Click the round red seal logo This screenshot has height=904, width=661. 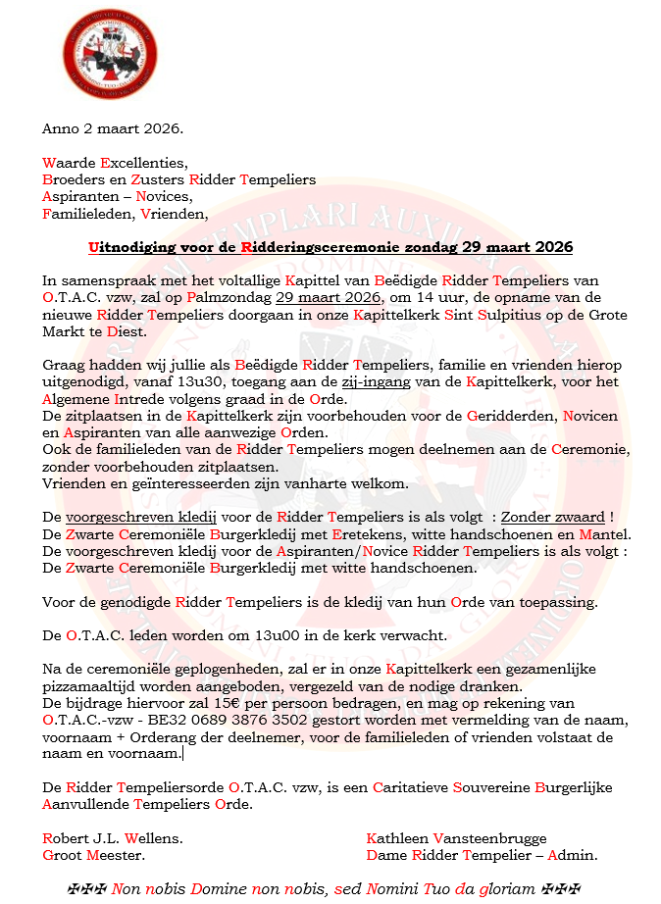click(95, 50)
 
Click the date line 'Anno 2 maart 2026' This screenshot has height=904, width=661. click(113, 128)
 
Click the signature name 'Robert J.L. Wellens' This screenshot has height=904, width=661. click(112, 838)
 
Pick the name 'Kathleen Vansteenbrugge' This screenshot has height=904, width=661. click(456, 838)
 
